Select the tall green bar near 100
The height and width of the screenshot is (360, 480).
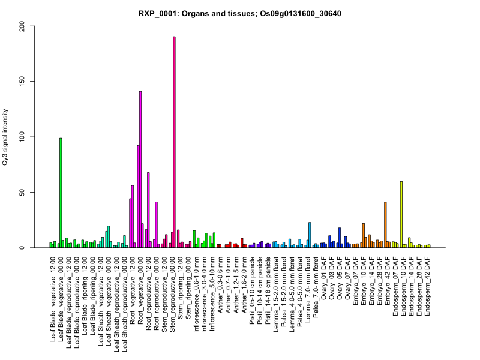coord(61,192)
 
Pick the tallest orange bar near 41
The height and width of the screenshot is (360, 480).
coord(385,224)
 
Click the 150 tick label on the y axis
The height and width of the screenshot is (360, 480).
coord(23,81)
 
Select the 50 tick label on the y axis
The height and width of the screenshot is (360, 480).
coord(23,192)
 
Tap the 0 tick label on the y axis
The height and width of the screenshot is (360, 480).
coord(23,247)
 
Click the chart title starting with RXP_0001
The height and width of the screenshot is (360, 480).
coord(240,13)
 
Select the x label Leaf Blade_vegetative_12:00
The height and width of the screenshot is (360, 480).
coord(53,294)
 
